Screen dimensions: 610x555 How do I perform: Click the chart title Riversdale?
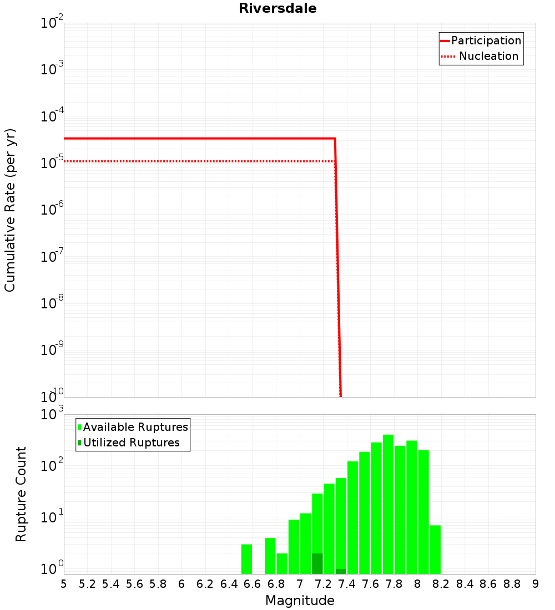coord(277,8)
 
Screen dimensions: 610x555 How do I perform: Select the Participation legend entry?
coord(486,40)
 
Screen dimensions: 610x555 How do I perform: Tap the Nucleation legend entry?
coord(488,56)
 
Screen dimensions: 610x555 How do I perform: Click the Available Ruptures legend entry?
coord(135,427)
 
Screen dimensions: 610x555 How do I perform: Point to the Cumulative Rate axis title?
coord(10,210)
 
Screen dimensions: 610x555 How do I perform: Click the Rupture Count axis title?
coord(21,494)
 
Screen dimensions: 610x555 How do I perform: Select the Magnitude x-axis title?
coord(300,601)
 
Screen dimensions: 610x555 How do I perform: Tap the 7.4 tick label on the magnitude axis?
coord(347,584)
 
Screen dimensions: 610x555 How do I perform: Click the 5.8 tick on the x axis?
coord(158,584)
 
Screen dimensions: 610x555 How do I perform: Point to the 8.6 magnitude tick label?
coord(488,584)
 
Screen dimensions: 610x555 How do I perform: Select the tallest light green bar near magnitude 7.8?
coord(388,499)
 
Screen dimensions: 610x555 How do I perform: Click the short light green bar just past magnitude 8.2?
coord(435,549)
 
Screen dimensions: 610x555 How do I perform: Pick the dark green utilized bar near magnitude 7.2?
coord(317,563)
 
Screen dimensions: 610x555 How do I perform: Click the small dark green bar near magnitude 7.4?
coord(341,571)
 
